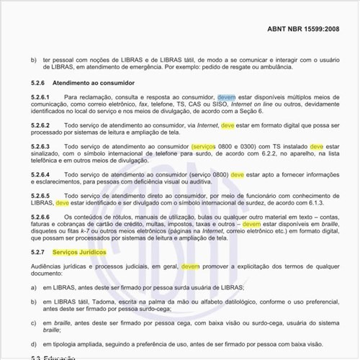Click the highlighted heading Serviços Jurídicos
point(80,253)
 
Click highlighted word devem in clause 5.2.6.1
point(226,96)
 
